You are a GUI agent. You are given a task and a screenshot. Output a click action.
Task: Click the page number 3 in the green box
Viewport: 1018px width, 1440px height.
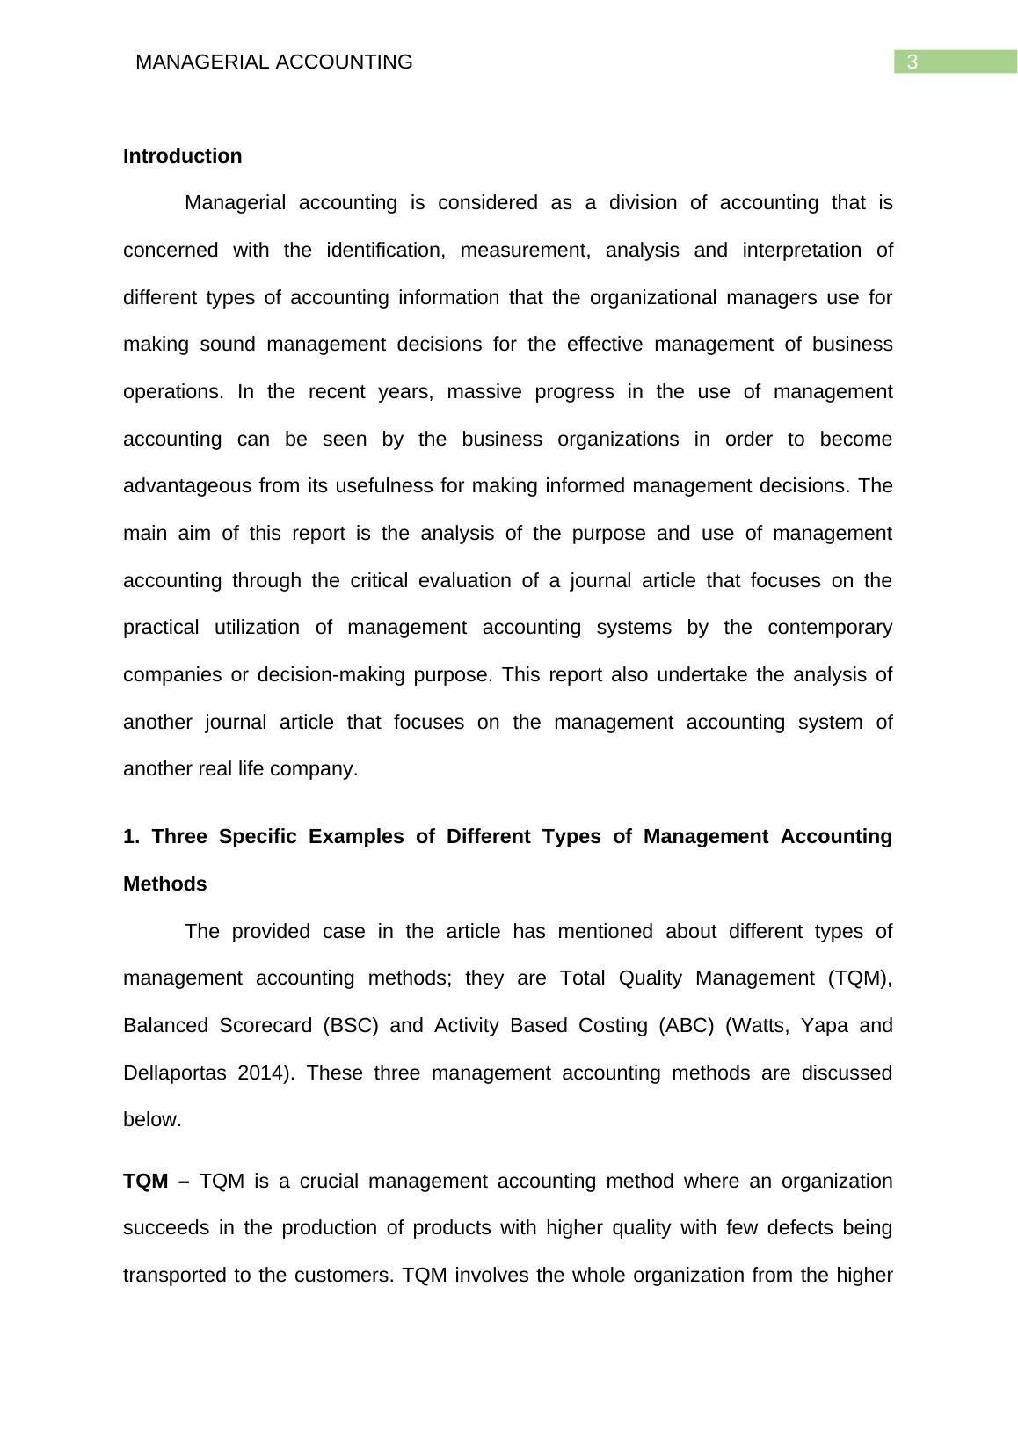(x=913, y=62)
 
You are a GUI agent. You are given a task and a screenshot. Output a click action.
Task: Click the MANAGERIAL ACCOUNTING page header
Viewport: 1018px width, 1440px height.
(x=274, y=62)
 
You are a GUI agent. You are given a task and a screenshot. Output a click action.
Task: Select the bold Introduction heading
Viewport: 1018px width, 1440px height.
(x=182, y=156)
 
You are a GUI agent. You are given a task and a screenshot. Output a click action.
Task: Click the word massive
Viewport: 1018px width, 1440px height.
(x=484, y=392)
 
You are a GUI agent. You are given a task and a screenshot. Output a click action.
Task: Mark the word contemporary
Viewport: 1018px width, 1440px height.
(x=830, y=628)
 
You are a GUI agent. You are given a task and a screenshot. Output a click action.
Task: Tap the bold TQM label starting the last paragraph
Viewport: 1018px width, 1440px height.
(x=146, y=1181)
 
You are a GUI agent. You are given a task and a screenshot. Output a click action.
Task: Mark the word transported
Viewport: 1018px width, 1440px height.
(x=175, y=1276)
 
